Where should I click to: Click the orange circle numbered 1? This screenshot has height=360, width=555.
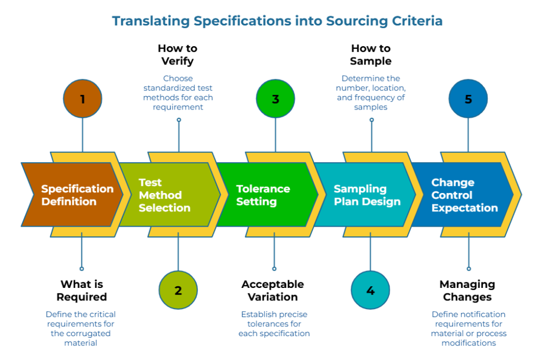[82, 99]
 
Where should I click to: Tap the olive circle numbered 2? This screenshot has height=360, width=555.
[178, 290]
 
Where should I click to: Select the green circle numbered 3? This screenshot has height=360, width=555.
[275, 99]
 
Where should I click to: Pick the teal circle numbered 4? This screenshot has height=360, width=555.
[370, 290]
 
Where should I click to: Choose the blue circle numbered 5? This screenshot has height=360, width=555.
[468, 99]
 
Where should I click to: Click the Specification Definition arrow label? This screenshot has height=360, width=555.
[77, 195]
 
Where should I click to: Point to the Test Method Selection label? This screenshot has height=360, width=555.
[164, 195]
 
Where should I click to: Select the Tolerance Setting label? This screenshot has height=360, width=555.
[263, 195]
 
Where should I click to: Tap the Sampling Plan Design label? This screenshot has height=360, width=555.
[367, 195]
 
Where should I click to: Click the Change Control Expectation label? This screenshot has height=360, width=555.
[464, 195]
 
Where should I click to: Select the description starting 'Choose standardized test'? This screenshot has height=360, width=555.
[178, 93]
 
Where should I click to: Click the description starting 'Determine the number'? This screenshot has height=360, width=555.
[371, 93]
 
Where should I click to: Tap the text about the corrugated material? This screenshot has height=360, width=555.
[81, 328]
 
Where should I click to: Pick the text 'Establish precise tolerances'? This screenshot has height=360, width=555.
[274, 324]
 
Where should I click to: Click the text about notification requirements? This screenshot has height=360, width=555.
[469, 328]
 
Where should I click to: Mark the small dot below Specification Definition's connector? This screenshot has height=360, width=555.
[82, 268]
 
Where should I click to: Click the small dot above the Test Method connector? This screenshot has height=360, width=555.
[178, 120]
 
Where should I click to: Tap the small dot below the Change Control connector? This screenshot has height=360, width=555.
[468, 268]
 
